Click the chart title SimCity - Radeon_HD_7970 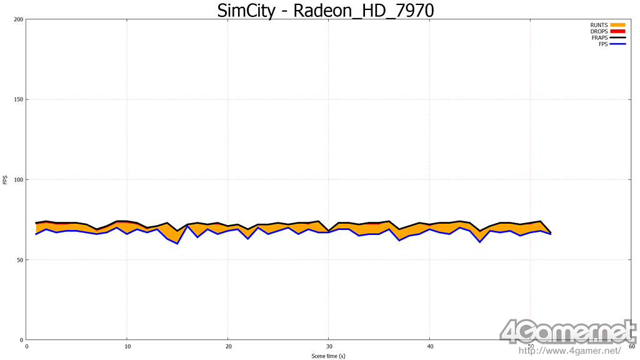point(324,11)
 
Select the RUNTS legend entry point(599,25)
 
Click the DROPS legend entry point(599,31)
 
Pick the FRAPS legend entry point(599,38)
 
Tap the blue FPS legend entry point(602,44)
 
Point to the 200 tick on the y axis point(19,19)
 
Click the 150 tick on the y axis point(19,99)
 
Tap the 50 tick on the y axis point(20,259)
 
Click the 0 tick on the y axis point(21,339)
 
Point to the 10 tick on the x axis point(127,346)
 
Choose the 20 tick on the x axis point(228,346)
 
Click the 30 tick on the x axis point(329,346)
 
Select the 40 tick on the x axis point(429,346)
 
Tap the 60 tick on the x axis point(631,346)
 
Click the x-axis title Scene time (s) point(329,356)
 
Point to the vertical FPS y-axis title point(6,180)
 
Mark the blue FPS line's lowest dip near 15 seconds point(177,243)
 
